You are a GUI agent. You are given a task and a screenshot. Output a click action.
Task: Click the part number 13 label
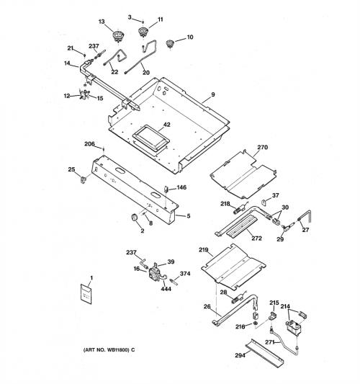(x=102, y=22)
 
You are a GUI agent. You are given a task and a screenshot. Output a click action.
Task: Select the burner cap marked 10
(x=169, y=44)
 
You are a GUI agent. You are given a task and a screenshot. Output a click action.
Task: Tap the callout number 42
(x=166, y=125)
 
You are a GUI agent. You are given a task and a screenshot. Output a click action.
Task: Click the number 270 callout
(x=262, y=147)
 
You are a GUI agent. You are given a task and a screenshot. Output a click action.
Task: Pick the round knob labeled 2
(x=135, y=217)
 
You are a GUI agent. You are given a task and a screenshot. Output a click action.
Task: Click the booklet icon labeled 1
(x=86, y=294)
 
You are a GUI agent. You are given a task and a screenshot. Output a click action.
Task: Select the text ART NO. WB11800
(x=107, y=350)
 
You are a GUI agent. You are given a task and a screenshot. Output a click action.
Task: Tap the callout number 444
(x=166, y=289)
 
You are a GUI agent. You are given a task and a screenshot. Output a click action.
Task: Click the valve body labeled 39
(x=155, y=272)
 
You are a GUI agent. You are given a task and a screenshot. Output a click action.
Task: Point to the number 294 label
(x=240, y=355)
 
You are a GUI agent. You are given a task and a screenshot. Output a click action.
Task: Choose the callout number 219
(x=203, y=250)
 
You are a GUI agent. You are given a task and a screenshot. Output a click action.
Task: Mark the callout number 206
(x=89, y=144)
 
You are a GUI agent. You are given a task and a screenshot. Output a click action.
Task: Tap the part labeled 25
(x=84, y=179)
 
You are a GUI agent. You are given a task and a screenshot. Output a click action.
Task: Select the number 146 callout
(x=181, y=187)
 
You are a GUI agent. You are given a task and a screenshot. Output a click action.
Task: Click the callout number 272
(x=256, y=238)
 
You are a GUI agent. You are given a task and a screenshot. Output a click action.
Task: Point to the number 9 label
(x=212, y=94)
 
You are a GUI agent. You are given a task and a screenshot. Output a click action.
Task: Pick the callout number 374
(x=185, y=274)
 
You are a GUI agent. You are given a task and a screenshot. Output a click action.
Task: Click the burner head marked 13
(x=118, y=36)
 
